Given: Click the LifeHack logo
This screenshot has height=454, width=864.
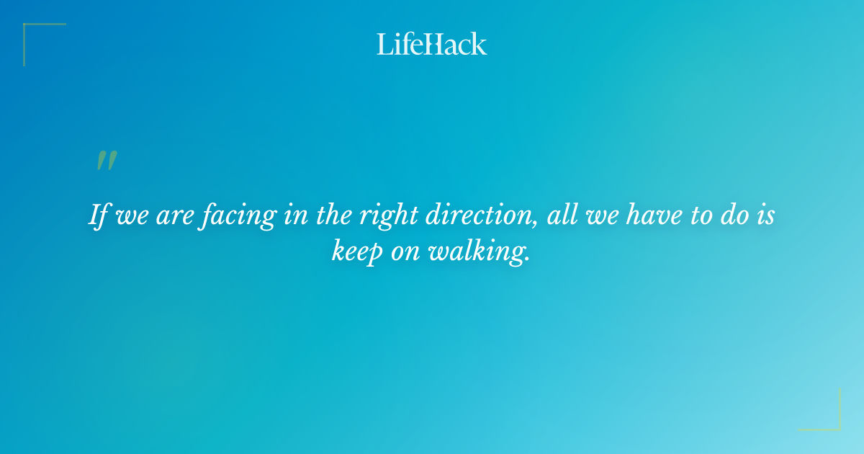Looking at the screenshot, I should pyautogui.click(x=432, y=44).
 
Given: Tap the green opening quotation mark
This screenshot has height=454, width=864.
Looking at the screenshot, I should pyautogui.click(x=106, y=161).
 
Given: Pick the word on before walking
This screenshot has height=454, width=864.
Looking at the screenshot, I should pyautogui.click(x=413, y=253).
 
